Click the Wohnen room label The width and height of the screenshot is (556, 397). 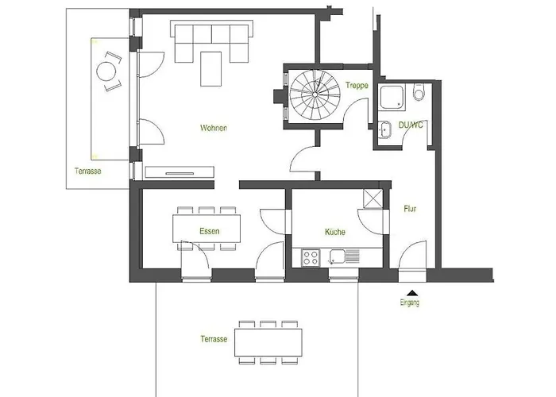point(214,128)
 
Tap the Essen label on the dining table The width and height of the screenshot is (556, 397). point(210,231)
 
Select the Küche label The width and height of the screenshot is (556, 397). point(335,232)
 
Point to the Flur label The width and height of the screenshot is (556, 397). point(410,209)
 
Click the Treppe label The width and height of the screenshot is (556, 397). point(357,86)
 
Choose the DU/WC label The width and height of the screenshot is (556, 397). point(411,125)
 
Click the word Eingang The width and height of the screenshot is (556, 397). point(410,303)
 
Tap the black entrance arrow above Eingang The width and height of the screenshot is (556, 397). point(412,293)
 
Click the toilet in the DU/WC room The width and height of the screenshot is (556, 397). point(419,91)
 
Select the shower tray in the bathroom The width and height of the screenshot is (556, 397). point(392,96)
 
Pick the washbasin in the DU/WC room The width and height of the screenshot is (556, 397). point(384,129)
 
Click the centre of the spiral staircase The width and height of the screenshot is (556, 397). point(315,94)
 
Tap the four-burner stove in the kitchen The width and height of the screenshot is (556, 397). point(311,258)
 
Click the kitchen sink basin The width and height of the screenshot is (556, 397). point(337,256)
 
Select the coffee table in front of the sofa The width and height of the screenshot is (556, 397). point(211,69)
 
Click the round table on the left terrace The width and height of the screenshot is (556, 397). point(106,71)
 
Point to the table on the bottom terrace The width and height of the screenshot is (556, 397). point(268,342)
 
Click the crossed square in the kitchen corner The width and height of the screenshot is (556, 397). point(373,198)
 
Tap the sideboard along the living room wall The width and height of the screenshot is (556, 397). point(180,172)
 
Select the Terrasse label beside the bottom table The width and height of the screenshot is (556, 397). point(214,339)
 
